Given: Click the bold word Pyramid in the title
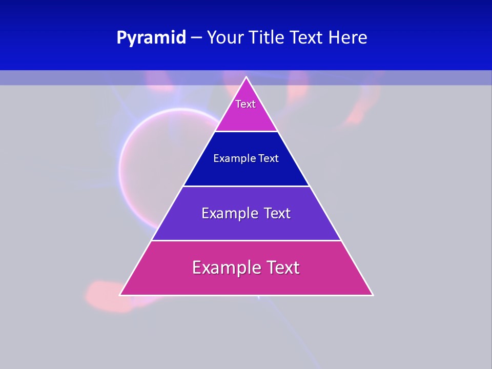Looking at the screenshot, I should pyautogui.click(x=151, y=38).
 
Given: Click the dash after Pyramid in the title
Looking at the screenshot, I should pyautogui.click(x=196, y=38).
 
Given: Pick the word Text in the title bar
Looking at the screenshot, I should pyautogui.click(x=307, y=38).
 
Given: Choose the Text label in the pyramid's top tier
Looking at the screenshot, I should pyautogui.click(x=245, y=104).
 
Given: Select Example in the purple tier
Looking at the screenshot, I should pyautogui.click(x=229, y=213).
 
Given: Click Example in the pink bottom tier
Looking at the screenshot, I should pyautogui.click(x=226, y=268).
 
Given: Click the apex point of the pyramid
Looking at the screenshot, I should pyautogui.click(x=247, y=77).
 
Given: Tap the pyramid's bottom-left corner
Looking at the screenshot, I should pyautogui.click(x=120, y=295).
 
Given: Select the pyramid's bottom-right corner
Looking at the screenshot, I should pyautogui.click(x=373, y=295).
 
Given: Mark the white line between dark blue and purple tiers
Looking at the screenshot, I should pyautogui.click(x=247, y=186).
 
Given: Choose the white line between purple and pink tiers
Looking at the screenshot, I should pyautogui.click(x=247, y=240).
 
